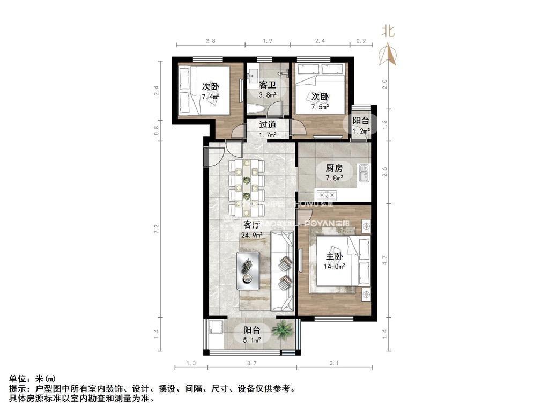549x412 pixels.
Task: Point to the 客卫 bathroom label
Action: point(268,85)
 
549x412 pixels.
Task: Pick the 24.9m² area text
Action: point(251,234)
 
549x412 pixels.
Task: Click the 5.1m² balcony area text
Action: point(252,340)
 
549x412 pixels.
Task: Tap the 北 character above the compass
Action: point(388,31)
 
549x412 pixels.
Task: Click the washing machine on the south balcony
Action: point(217,326)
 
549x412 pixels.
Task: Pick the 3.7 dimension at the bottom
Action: point(253,364)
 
